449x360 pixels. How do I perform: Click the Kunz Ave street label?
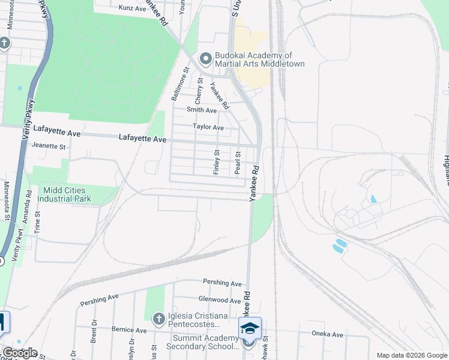point(133,8)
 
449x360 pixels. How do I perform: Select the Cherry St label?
point(200,88)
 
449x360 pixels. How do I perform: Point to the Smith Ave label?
point(202,110)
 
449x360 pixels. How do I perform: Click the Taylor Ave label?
point(208,127)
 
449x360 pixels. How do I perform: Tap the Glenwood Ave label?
point(220,299)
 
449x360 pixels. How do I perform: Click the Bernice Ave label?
point(129,330)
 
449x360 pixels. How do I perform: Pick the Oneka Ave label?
point(327,334)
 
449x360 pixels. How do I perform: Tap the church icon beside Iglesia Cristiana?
point(158,318)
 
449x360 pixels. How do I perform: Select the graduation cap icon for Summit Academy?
point(250,328)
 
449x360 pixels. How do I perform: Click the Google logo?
point(20,353)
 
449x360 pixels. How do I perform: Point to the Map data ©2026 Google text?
point(411,355)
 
